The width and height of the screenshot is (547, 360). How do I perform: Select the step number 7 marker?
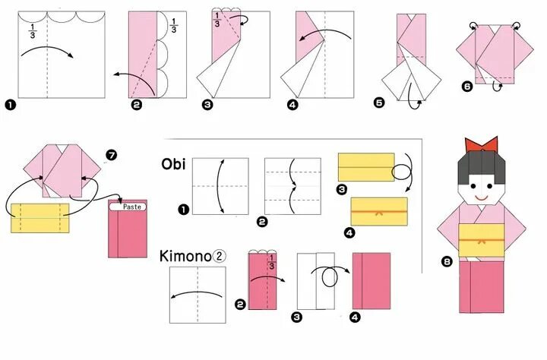pos(112,155)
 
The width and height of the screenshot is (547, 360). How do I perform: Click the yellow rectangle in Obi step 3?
pos(365,167)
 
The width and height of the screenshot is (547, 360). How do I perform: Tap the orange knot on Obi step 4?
pos(378,212)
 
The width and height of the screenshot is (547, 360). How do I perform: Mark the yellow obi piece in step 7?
pos(40,217)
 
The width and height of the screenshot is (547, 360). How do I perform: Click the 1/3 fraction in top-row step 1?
pos(33,30)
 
